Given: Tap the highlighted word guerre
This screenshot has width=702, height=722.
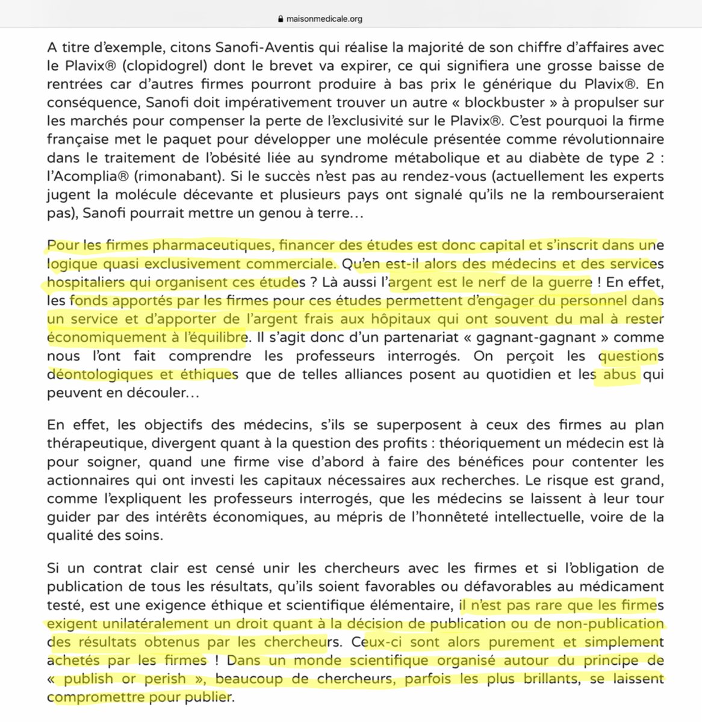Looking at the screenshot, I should [x=567, y=282].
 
